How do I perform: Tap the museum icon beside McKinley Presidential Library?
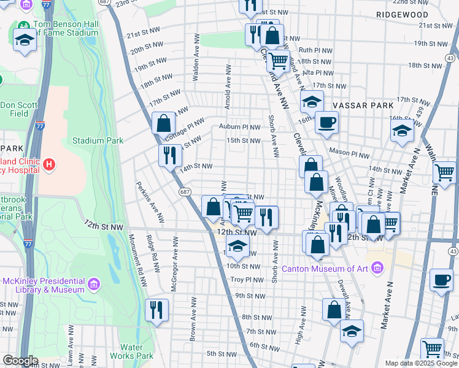[93, 284]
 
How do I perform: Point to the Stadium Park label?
[98, 140]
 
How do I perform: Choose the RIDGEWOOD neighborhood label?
[402, 14]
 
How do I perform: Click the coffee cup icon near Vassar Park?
[326, 122]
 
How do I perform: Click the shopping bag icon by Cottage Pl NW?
[164, 123]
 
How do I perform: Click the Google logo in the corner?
[20, 361]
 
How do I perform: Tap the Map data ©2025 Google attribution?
[420, 363]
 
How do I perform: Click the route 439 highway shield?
[419, 112]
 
